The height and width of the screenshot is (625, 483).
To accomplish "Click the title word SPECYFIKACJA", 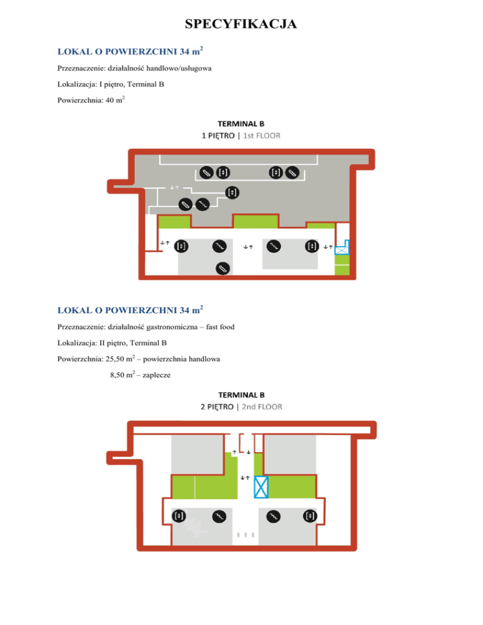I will point(241,25).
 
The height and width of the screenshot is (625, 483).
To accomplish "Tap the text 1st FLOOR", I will point(261,135).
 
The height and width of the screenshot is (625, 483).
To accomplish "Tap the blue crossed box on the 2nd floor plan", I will point(262,487).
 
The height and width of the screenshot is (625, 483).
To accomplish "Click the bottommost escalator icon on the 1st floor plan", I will point(222,268).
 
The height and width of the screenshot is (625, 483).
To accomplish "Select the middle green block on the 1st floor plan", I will point(255,221).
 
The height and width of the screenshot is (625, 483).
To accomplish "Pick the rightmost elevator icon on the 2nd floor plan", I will point(310,516).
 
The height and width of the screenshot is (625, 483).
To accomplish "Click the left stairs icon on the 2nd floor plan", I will point(219,516).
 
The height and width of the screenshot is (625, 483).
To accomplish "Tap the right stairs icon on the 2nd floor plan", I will point(274,516).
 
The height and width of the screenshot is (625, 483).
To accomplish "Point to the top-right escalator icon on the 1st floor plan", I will point(292,172).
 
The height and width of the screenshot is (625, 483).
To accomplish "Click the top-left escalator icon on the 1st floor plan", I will point(206,172).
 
